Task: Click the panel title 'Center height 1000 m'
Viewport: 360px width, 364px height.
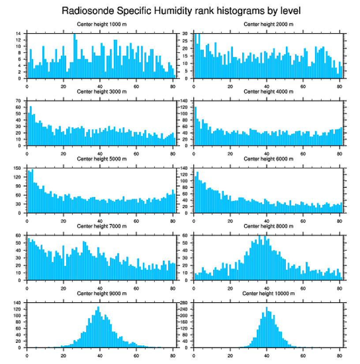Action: [101, 24]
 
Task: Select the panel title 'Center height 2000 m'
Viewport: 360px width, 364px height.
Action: [268, 24]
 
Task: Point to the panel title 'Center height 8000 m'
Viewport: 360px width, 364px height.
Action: [268, 226]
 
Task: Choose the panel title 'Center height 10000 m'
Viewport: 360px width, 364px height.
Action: [268, 293]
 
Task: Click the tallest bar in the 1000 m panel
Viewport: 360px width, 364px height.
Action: [74, 56]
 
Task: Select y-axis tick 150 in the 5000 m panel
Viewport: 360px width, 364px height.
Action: [18, 168]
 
